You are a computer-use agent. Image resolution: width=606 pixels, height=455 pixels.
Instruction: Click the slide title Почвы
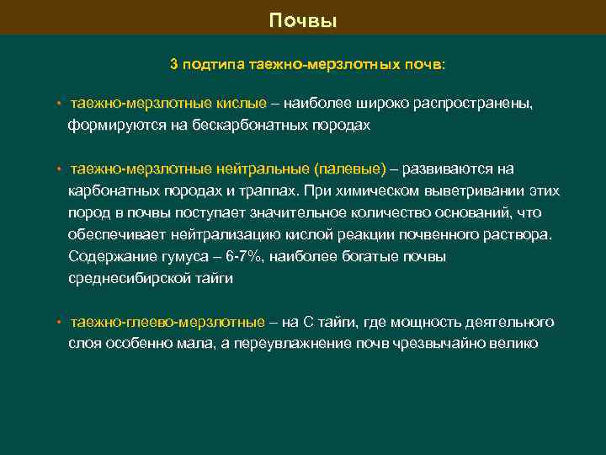point(303,19)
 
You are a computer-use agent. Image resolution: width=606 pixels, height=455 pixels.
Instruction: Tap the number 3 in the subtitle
point(174,63)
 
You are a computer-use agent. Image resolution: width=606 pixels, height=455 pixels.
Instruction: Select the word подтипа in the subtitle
point(215,63)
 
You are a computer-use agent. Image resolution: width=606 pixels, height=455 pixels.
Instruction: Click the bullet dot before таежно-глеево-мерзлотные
point(59,323)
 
